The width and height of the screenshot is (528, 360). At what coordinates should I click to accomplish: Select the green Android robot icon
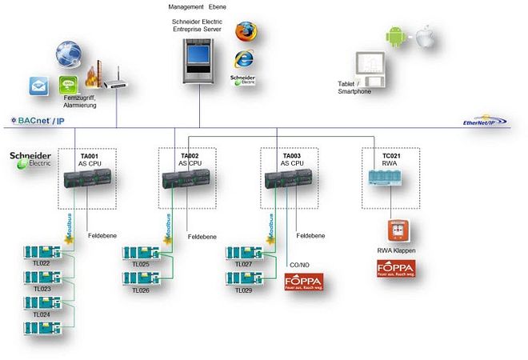tap(394, 36)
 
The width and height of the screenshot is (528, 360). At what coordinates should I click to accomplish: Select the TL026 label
tap(141, 290)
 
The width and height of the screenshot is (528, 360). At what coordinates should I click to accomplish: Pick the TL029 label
tap(243, 290)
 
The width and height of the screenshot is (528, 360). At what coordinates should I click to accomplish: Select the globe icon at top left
tap(70, 54)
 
